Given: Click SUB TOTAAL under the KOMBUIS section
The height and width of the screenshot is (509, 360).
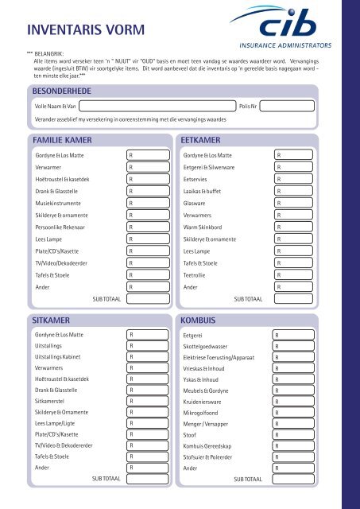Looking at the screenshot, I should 248,480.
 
